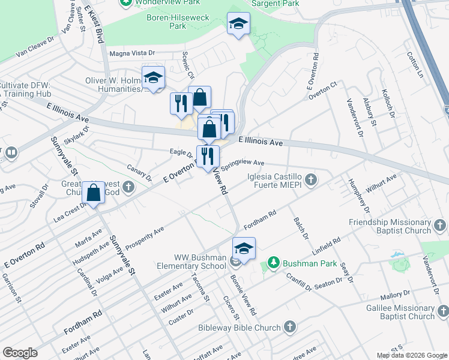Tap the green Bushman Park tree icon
[x=274, y=263]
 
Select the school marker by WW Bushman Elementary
[x=244, y=248]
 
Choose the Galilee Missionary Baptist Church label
[x=399, y=312]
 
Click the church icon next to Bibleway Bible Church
[x=290, y=327]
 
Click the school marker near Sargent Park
[x=238, y=24]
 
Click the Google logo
[x=20, y=353]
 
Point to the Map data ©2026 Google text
[x=412, y=355]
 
